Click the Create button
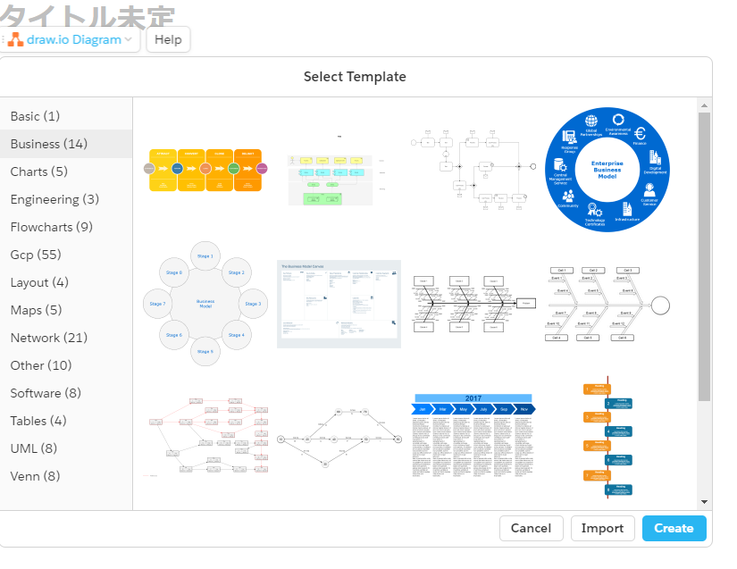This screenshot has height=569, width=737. click(x=674, y=528)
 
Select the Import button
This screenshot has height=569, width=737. click(x=602, y=528)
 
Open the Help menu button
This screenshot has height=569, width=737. click(x=168, y=39)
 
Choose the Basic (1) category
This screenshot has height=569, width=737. click(x=35, y=116)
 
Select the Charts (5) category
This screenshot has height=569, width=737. click(x=38, y=172)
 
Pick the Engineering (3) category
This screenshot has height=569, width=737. click(x=54, y=199)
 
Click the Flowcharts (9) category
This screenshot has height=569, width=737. click(x=51, y=227)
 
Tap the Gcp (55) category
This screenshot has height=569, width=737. click(x=36, y=255)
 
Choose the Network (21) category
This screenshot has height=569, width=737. click(x=48, y=338)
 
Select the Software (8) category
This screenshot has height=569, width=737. click(x=46, y=393)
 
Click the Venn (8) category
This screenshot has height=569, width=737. click(x=35, y=476)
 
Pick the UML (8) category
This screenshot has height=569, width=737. click(x=33, y=448)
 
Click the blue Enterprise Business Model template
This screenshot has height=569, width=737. click(x=607, y=171)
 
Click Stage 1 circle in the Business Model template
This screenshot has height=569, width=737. click(x=205, y=255)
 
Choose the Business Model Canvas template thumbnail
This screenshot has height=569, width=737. click(x=339, y=304)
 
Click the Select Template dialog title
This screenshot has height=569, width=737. click(x=355, y=77)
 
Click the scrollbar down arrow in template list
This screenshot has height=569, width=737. click(x=704, y=502)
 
